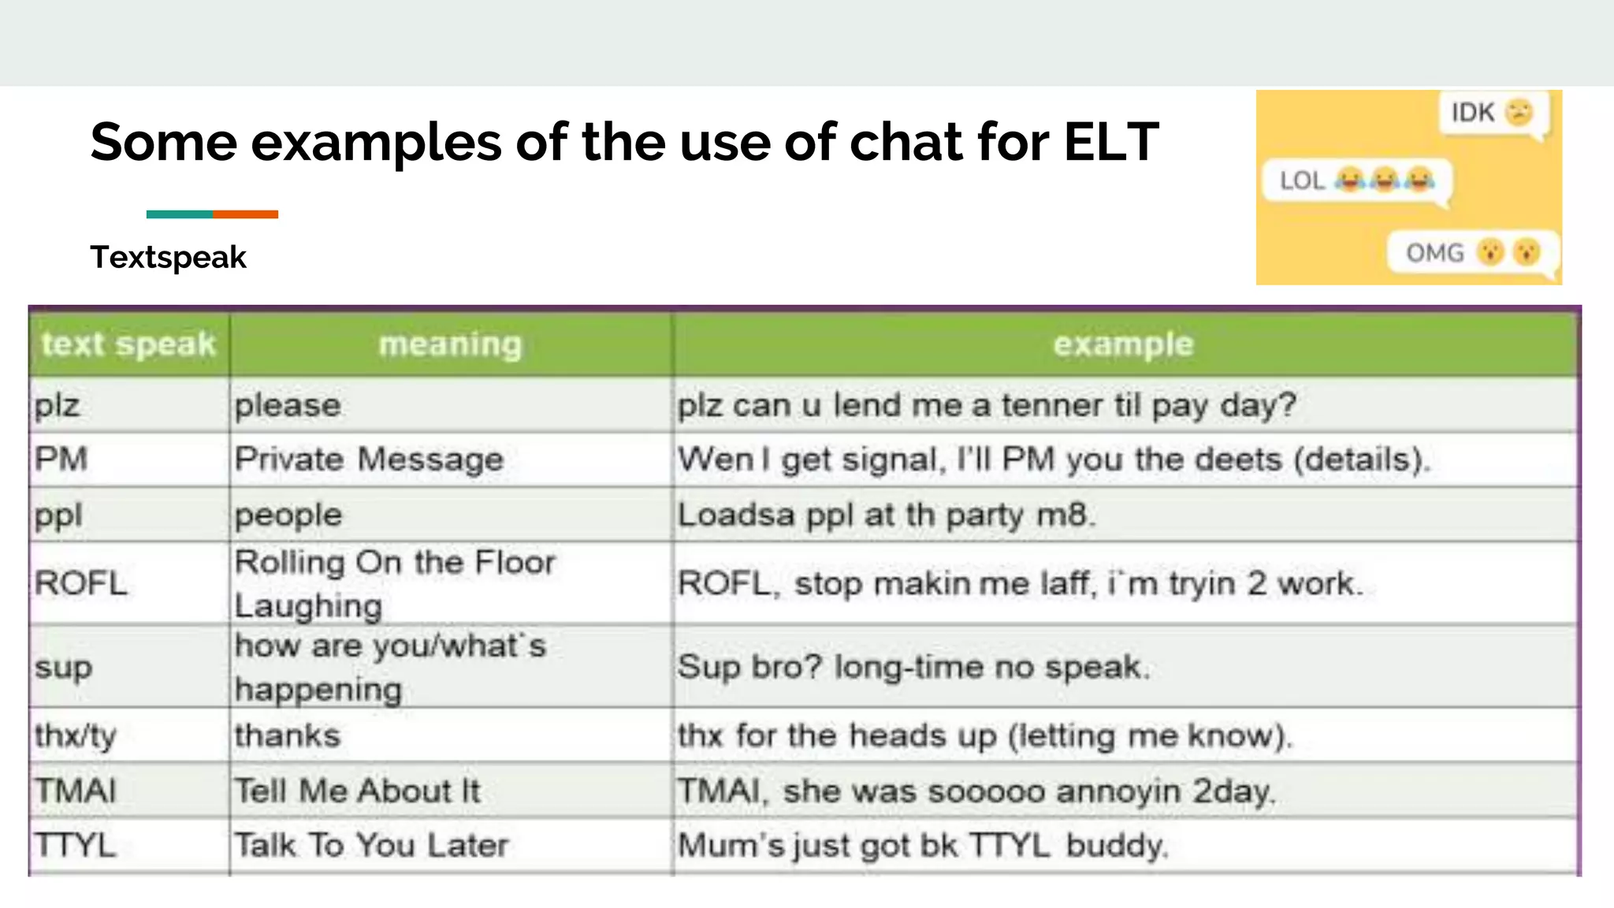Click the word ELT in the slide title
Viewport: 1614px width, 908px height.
coord(1110,143)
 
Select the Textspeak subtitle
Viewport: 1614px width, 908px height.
coord(168,258)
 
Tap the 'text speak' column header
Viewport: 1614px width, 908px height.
coord(128,344)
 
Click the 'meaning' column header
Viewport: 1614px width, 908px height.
coord(450,344)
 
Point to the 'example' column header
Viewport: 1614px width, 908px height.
coord(1123,344)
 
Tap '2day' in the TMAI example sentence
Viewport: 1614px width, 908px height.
coord(1233,791)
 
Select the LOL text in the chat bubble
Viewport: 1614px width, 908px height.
coord(1302,181)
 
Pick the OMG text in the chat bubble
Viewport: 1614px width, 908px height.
coord(1434,253)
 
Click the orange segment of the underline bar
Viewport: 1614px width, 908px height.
coord(245,214)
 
